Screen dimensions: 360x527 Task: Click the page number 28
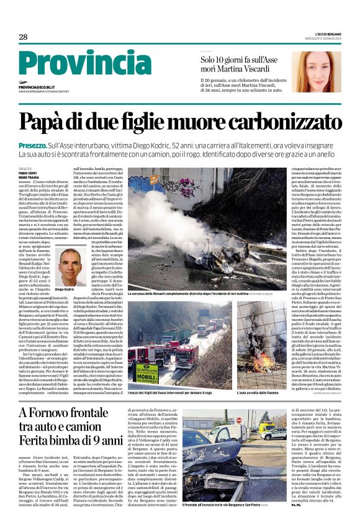[22, 37]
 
